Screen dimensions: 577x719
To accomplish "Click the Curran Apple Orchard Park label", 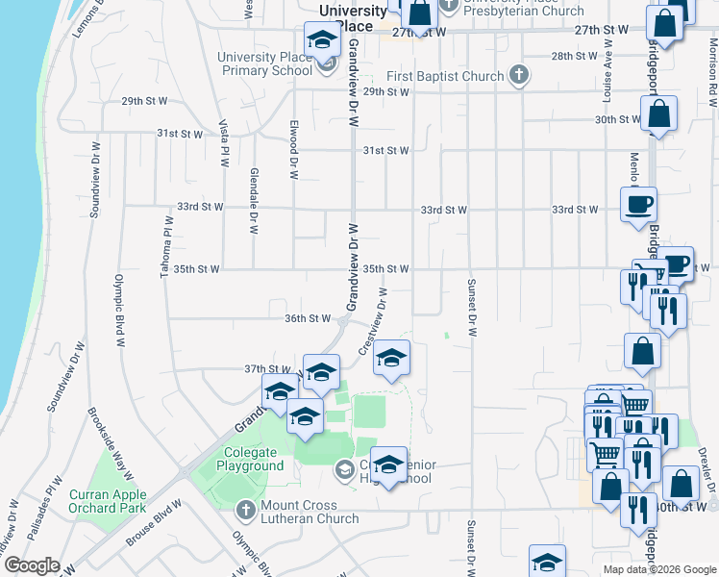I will click(x=121, y=501).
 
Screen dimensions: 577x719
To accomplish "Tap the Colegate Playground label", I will click(x=254, y=460).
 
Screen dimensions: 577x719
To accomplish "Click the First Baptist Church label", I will click(x=445, y=76).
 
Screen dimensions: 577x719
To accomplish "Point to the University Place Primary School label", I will click(x=264, y=63).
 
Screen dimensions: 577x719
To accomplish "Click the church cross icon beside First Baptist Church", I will click(x=519, y=75).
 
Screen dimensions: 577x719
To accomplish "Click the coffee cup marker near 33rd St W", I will click(x=638, y=204).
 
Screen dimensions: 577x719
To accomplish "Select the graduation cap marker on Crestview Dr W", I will click(x=391, y=358).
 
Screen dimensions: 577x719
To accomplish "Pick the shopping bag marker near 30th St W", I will click(x=659, y=113).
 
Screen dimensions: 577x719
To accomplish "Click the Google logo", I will click(x=32, y=565).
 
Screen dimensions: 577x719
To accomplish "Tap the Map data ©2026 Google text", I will click(x=658, y=569).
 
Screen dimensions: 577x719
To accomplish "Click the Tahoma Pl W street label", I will click(x=165, y=247).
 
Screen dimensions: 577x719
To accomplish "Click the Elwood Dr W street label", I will click(x=293, y=149).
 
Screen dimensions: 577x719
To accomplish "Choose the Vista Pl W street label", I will click(x=224, y=143).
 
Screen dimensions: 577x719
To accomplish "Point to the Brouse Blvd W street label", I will click(x=154, y=524).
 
